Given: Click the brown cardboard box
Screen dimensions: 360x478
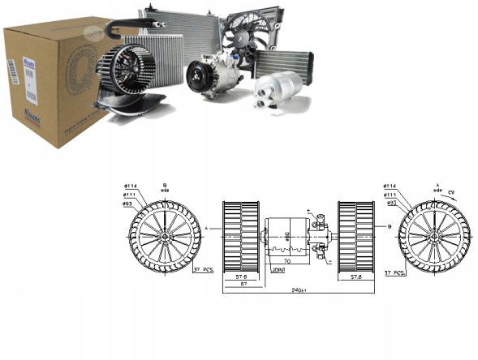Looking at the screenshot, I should (x=49, y=89).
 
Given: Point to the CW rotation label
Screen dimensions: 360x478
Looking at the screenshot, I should (x=451, y=191).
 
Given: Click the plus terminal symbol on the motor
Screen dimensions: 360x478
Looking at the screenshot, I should (x=309, y=212).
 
